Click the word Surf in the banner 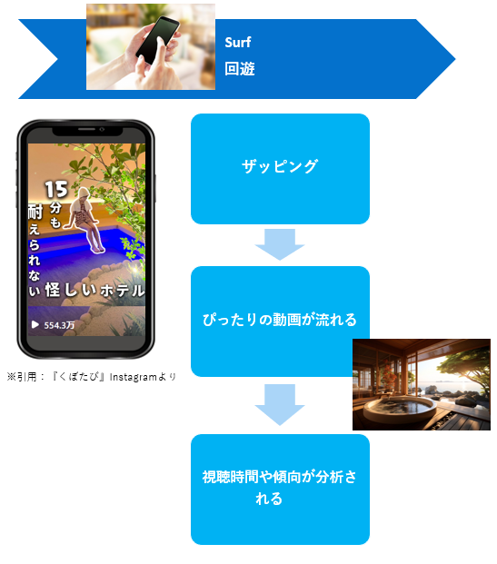tap(237, 43)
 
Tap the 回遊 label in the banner tap(240, 69)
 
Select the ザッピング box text tap(280, 166)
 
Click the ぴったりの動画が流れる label tap(280, 320)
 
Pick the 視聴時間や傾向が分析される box tap(280, 490)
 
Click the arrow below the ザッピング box tap(280, 244)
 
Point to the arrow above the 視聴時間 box tap(280, 405)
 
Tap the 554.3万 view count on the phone tap(59, 325)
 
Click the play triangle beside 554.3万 tap(35, 325)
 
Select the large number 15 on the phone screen tap(56, 189)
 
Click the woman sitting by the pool tap(85, 220)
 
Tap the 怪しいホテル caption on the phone tap(94, 291)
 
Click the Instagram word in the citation tap(134, 377)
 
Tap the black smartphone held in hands tap(157, 40)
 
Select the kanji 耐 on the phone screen tap(35, 212)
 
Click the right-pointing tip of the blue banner tap(455, 59)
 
